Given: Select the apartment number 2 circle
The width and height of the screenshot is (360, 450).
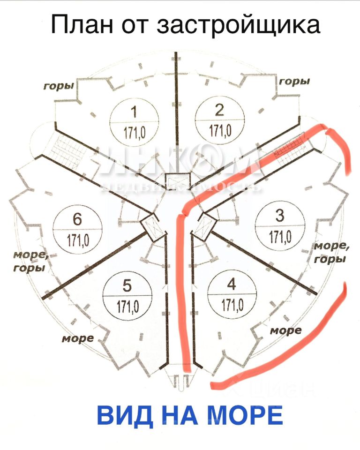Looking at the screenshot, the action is (219, 120).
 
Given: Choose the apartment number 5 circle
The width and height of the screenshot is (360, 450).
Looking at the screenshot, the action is (127, 296).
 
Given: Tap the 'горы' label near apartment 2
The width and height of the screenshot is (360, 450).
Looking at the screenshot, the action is (295, 82).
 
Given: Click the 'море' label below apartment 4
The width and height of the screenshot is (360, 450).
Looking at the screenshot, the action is (286, 330).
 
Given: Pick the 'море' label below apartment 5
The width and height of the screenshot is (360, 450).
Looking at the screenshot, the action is (78, 338).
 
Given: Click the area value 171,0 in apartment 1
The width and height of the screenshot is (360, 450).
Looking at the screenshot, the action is (135, 132).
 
